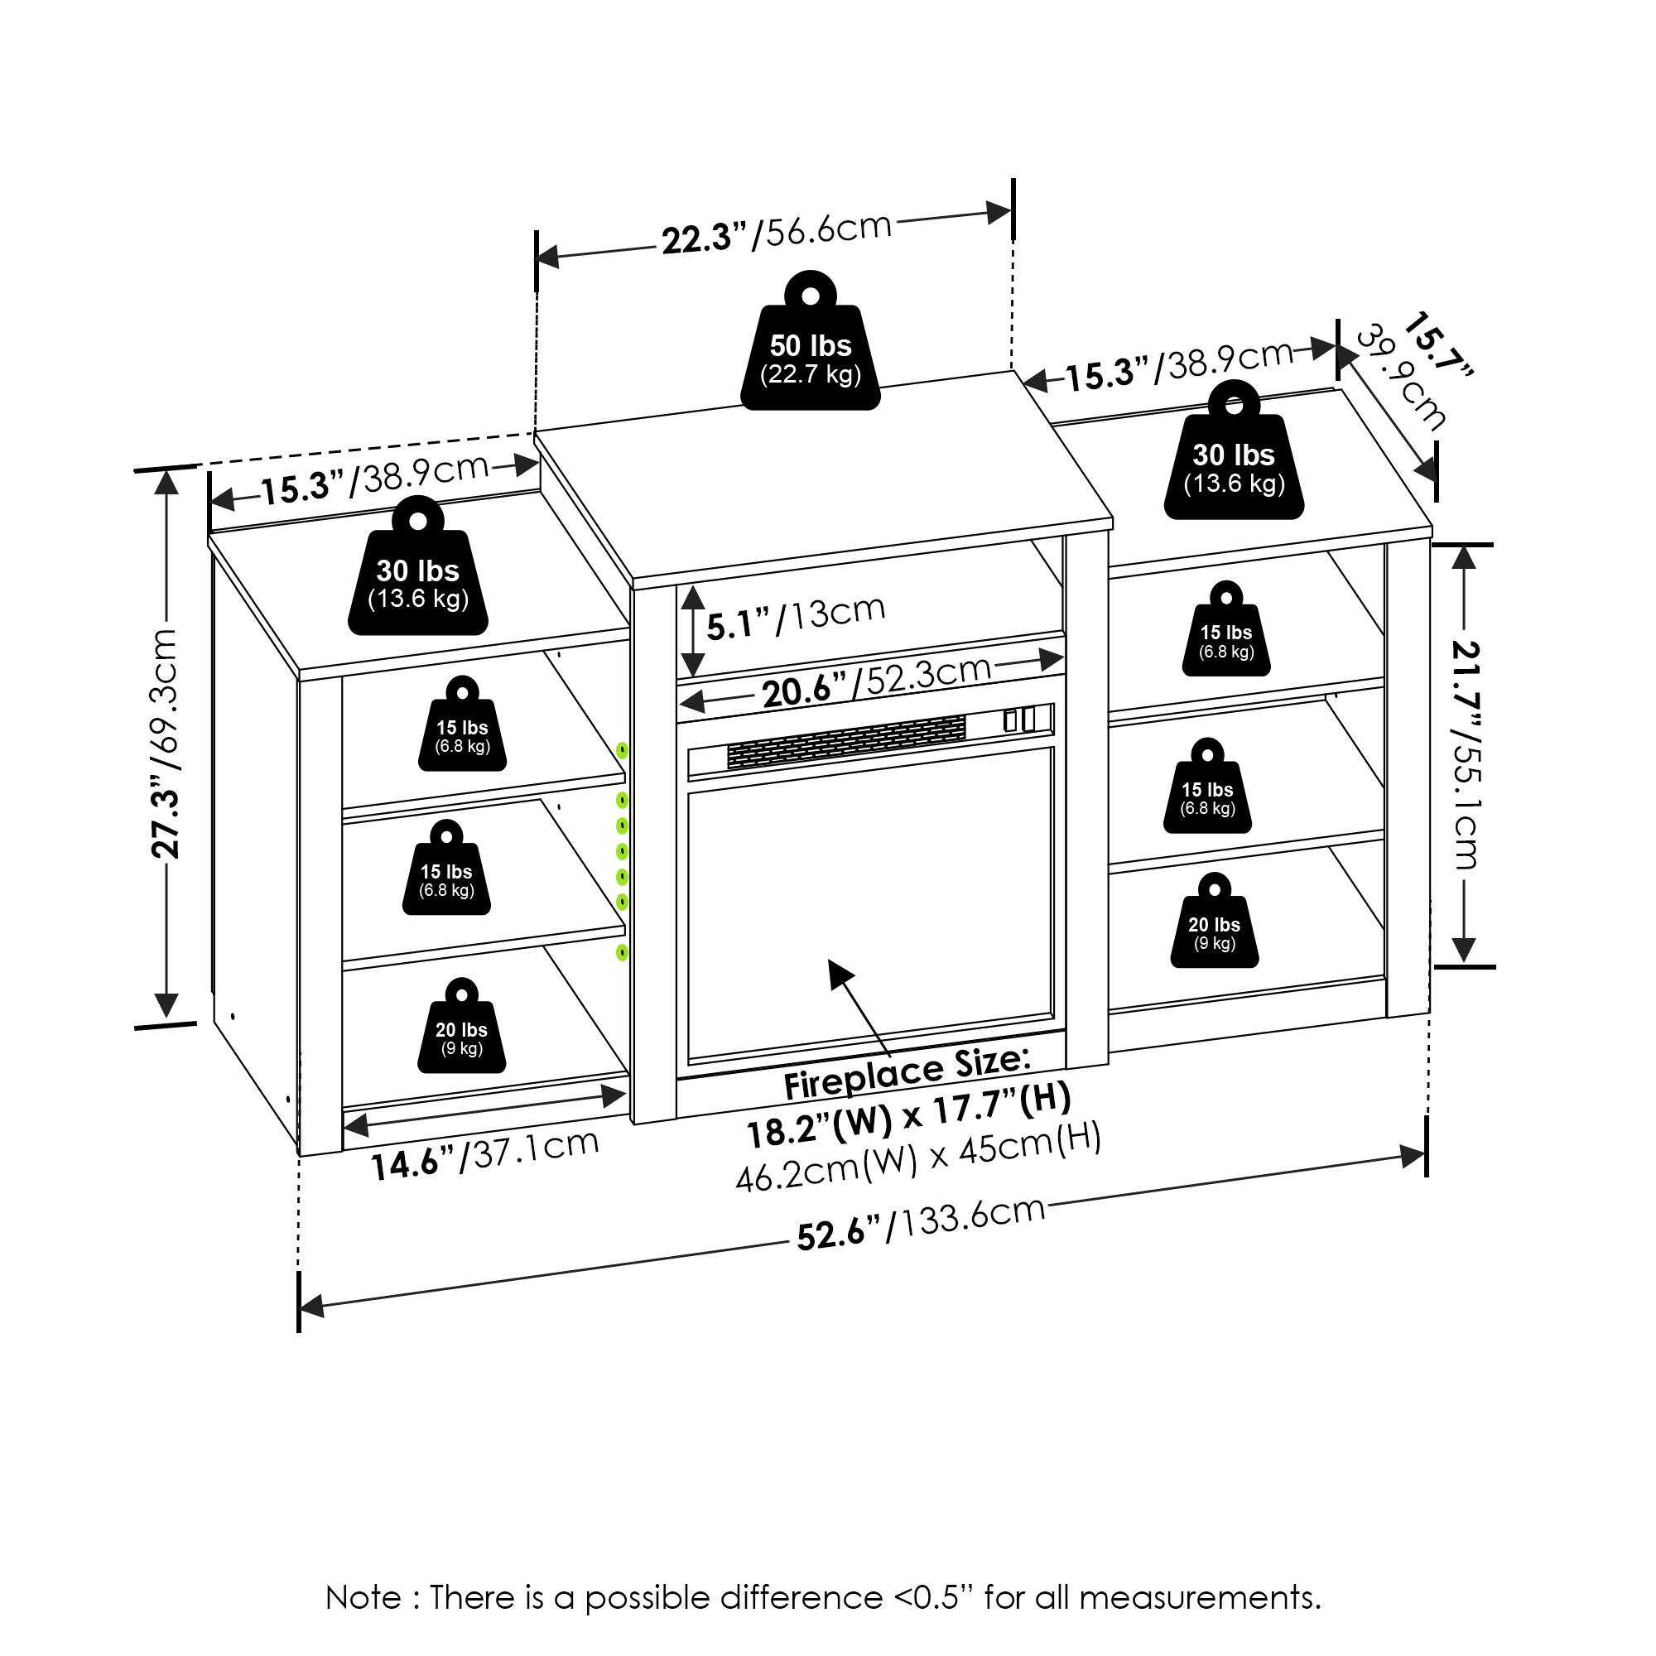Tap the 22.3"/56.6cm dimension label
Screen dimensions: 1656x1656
776,234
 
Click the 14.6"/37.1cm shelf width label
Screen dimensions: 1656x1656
484,1153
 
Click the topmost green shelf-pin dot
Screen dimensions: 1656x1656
623,751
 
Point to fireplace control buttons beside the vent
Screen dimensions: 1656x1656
1019,720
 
